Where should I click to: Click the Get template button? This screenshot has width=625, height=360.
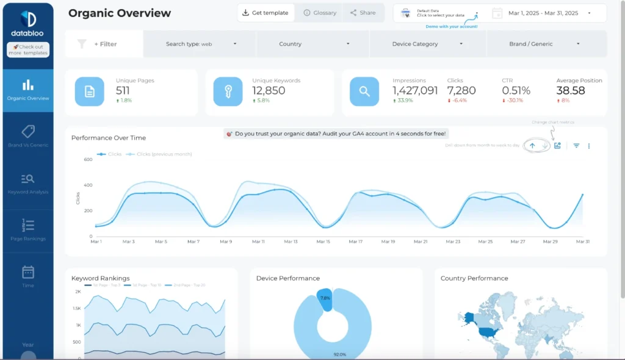click(x=266, y=13)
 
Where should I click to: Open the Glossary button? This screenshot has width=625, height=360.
click(x=320, y=13)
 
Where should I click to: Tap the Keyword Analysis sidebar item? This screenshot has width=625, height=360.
click(x=28, y=183)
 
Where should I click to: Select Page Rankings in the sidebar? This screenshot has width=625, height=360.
click(x=28, y=229)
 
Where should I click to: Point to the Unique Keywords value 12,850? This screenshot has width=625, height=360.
click(x=269, y=90)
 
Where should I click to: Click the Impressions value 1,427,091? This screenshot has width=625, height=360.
click(x=415, y=90)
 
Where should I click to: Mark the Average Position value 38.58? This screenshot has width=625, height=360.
click(x=571, y=90)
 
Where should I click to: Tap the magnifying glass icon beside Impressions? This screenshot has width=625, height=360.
click(x=364, y=92)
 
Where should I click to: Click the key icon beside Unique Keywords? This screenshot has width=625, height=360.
click(x=228, y=92)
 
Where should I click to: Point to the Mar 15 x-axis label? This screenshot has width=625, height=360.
click(x=323, y=242)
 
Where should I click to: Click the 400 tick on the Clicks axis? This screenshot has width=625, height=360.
click(x=87, y=185)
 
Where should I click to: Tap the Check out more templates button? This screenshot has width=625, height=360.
click(x=28, y=49)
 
